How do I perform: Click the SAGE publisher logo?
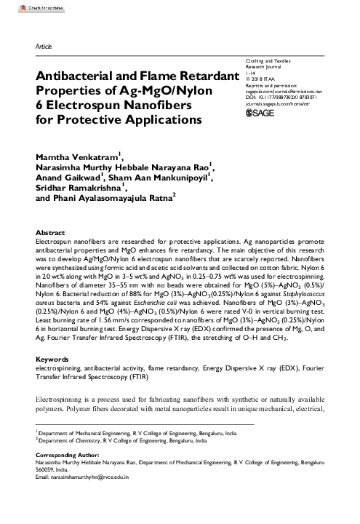tap(260, 113)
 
